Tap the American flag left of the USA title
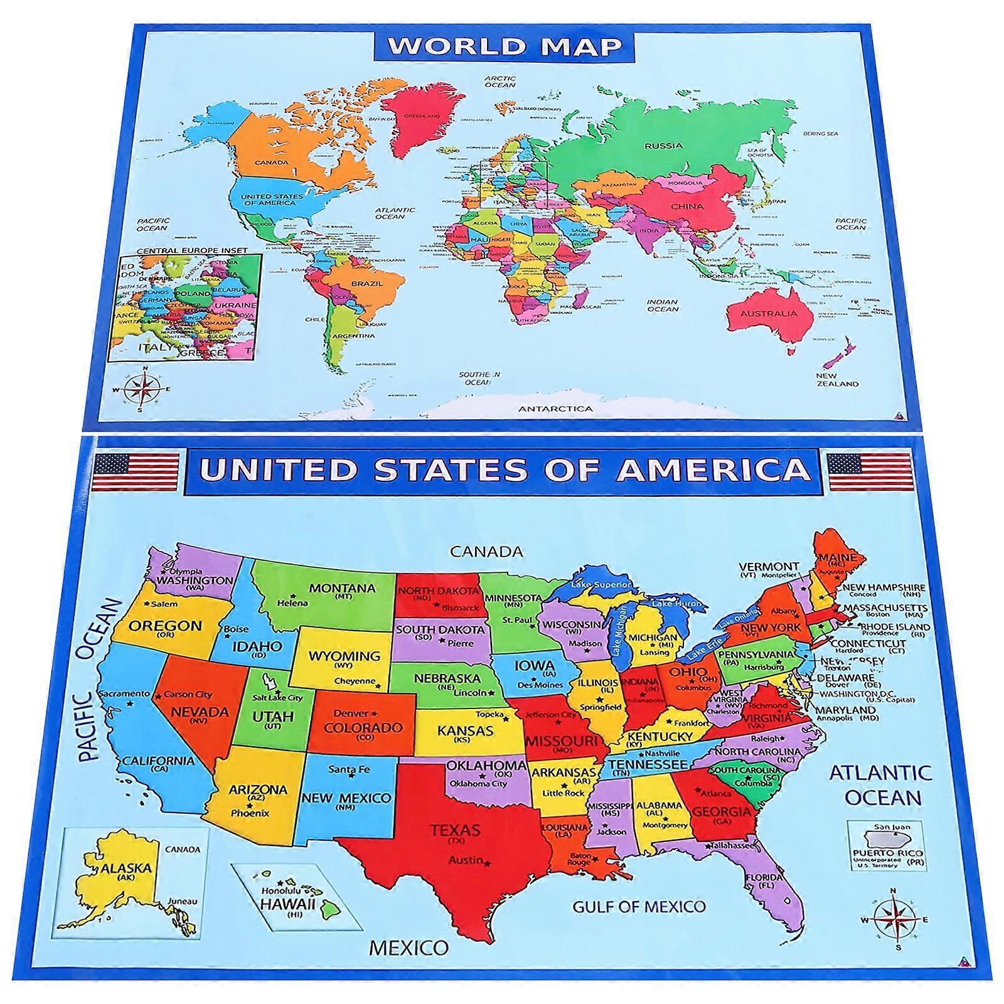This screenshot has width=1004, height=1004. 136,472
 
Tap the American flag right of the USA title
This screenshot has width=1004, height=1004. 869,472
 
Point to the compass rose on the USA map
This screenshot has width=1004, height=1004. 894,920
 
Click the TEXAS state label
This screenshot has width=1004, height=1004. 455,830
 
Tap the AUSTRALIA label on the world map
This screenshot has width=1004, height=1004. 769,313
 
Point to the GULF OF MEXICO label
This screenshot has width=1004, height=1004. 639,906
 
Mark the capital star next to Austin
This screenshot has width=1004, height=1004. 488,864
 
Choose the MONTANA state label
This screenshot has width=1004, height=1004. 342,589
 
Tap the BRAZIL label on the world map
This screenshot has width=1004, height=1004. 366,284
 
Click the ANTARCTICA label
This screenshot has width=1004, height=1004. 555,409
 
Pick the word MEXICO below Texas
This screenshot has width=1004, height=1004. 409,947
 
